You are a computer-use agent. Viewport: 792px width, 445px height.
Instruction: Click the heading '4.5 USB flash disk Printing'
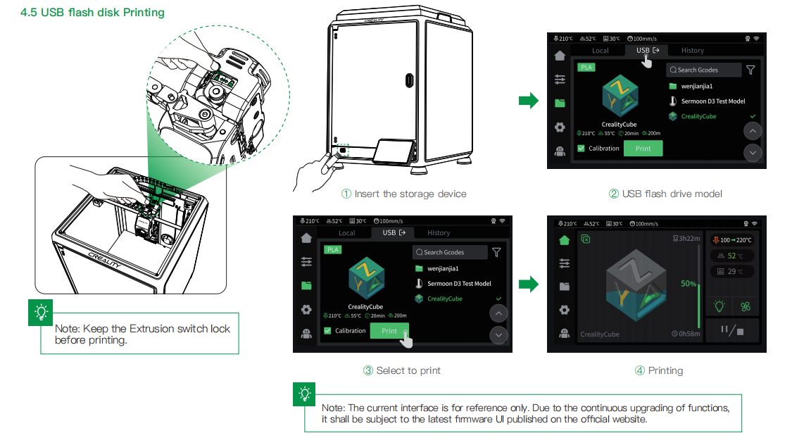click(x=92, y=13)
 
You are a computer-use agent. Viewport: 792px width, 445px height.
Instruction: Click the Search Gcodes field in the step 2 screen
click(x=703, y=70)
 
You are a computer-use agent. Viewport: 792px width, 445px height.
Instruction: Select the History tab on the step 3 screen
click(x=439, y=233)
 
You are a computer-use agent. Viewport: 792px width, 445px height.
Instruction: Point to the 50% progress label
click(x=689, y=284)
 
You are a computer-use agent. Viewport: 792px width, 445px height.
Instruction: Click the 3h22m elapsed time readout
click(x=687, y=239)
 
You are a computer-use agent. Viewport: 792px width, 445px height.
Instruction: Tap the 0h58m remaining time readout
click(x=686, y=334)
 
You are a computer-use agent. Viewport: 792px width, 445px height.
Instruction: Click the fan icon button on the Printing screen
click(x=745, y=306)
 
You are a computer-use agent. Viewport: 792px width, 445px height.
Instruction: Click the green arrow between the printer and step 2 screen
click(x=528, y=101)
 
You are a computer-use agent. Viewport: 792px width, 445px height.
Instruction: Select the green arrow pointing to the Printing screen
click(x=528, y=284)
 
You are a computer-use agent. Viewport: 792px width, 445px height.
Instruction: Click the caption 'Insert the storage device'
click(x=403, y=194)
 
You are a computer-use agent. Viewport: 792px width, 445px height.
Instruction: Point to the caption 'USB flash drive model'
click(x=665, y=194)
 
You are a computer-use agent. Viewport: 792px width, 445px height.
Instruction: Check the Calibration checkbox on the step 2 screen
click(x=581, y=149)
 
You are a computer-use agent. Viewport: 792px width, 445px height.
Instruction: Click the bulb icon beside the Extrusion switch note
click(x=41, y=311)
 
